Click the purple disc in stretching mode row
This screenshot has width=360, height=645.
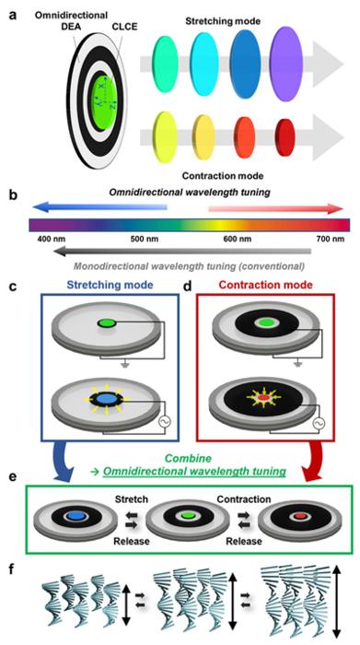pos(286,64)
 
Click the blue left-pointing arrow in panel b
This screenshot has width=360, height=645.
pos(100,208)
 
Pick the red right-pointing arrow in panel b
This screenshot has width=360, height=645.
pos(275,208)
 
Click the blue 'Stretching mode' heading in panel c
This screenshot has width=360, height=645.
pos(109,285)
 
